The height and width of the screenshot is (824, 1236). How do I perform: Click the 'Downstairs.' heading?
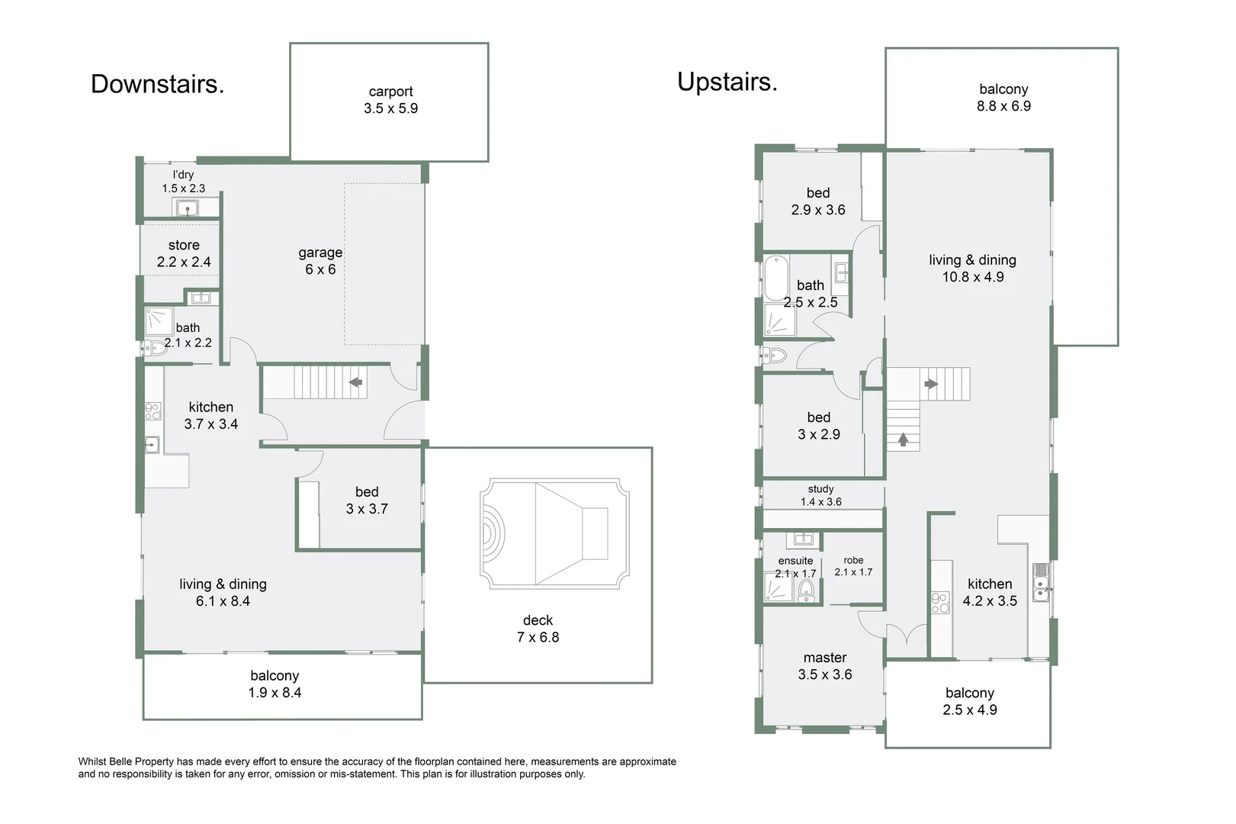(157, 84)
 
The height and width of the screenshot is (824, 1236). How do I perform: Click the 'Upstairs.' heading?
(727, 82)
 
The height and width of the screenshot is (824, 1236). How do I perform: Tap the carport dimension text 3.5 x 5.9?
(390, 108)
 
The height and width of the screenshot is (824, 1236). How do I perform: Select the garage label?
(320, 253)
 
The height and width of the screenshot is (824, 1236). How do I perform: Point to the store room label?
(184, 245)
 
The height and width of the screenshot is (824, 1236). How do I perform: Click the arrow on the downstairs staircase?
(355, 381)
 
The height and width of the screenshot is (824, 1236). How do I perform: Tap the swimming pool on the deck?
(554, 533)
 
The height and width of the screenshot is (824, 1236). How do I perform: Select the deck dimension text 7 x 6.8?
(538, 637)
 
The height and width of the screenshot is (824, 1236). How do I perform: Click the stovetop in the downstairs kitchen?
(152, 411)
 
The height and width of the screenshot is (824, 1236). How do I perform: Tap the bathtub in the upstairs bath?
(775, 278)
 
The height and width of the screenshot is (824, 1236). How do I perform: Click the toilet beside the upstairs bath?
(775, 355)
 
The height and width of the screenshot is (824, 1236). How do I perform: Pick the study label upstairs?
(820, 489)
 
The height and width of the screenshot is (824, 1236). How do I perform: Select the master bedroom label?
(824, 658)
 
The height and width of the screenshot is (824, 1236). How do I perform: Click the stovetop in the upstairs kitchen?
(940, 604)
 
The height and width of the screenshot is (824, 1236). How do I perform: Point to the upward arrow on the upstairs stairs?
(903, 439)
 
